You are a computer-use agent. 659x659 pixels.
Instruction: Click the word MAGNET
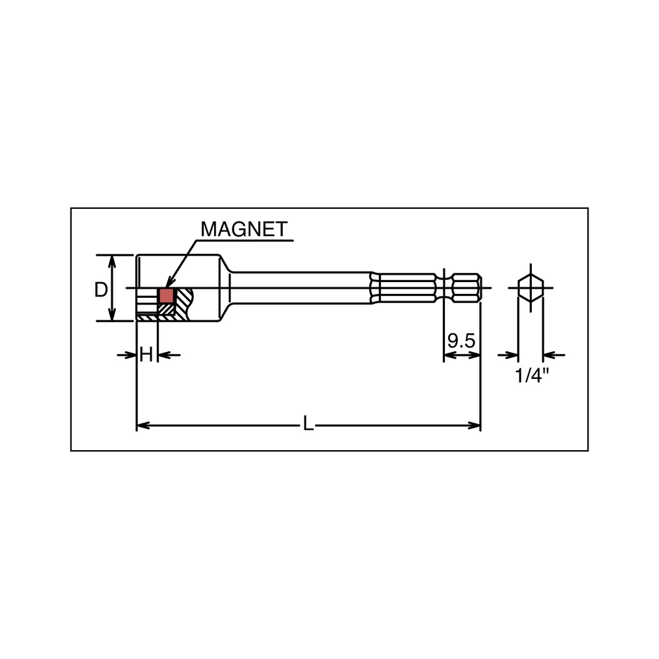244,229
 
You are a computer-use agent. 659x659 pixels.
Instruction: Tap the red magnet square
167,295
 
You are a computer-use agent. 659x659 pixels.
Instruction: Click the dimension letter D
101,289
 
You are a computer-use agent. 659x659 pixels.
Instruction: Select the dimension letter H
146,355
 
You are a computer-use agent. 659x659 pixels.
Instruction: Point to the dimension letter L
308,424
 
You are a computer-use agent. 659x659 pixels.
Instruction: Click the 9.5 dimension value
461,341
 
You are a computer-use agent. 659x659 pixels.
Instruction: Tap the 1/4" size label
532,375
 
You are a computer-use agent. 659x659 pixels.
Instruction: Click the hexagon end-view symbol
530,288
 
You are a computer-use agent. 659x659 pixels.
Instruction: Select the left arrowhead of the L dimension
143,426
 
